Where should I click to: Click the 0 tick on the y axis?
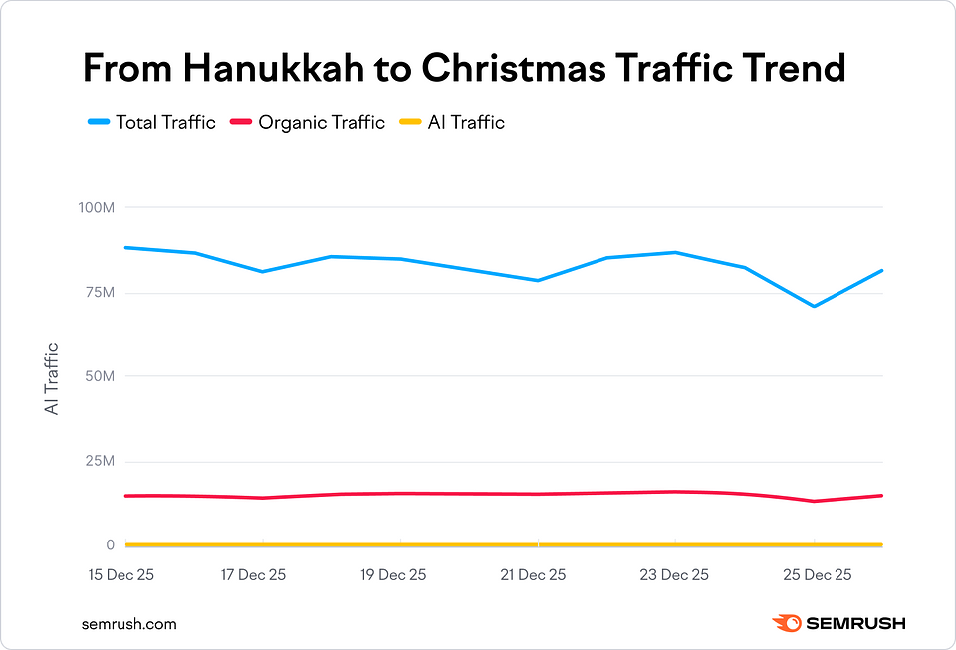tap(110, 545)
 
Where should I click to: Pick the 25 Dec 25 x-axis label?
tap(814, 575)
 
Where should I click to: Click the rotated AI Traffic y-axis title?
tap(52, 378)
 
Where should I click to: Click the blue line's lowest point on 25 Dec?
tap(814, 306)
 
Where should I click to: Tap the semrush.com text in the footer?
tap(129, 624)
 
